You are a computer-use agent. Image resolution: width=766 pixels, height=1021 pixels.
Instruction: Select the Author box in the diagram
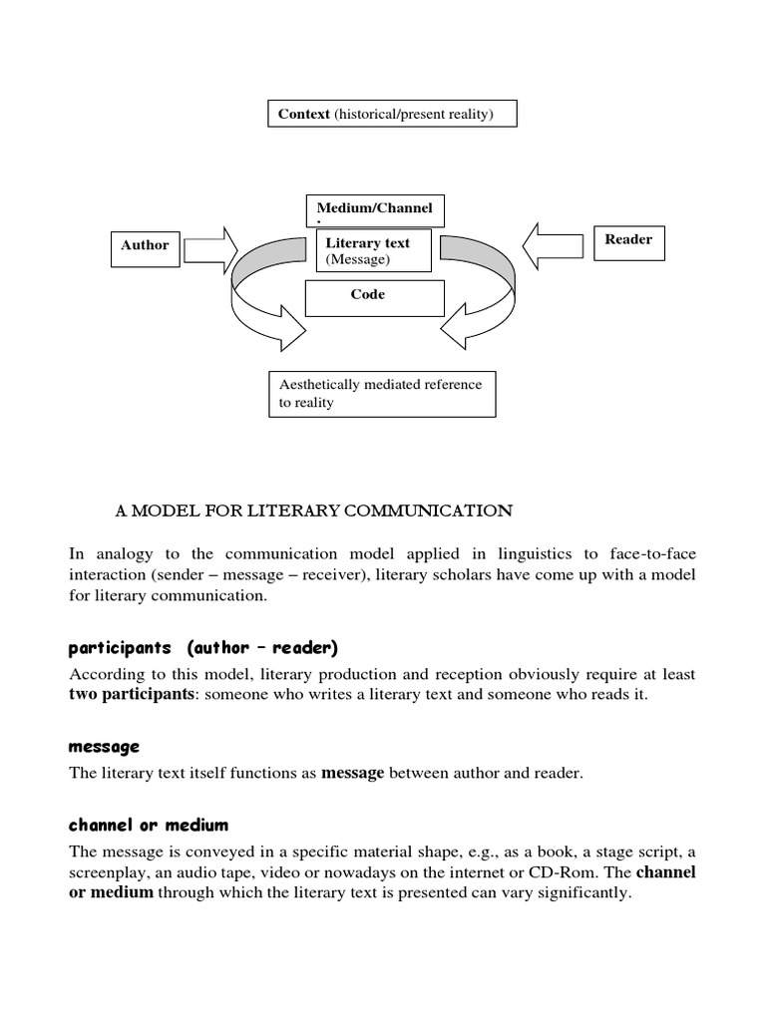(145, 245)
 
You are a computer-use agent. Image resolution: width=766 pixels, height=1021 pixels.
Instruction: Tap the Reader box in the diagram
(628, 240)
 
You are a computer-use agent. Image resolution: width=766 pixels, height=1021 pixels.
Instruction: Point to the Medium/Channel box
(374, 209)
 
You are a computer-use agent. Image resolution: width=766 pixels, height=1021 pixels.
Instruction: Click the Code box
(367, 296)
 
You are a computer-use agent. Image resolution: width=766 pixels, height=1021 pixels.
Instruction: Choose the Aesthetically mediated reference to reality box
(382, 394)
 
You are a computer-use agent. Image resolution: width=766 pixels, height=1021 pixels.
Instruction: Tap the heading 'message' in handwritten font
(105, 747)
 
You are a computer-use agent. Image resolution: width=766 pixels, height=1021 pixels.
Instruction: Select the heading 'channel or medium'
(149, 825)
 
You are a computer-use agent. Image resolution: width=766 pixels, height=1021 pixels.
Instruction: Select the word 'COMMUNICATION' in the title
(435, 511)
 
